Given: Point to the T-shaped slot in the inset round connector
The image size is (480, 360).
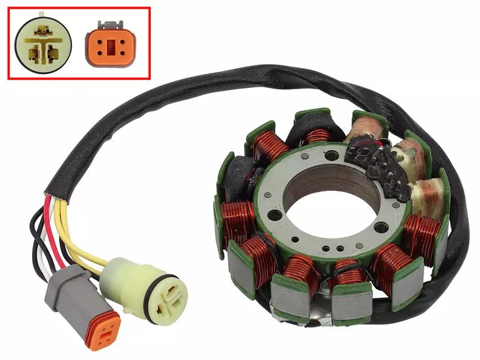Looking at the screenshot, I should click(45, 41).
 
